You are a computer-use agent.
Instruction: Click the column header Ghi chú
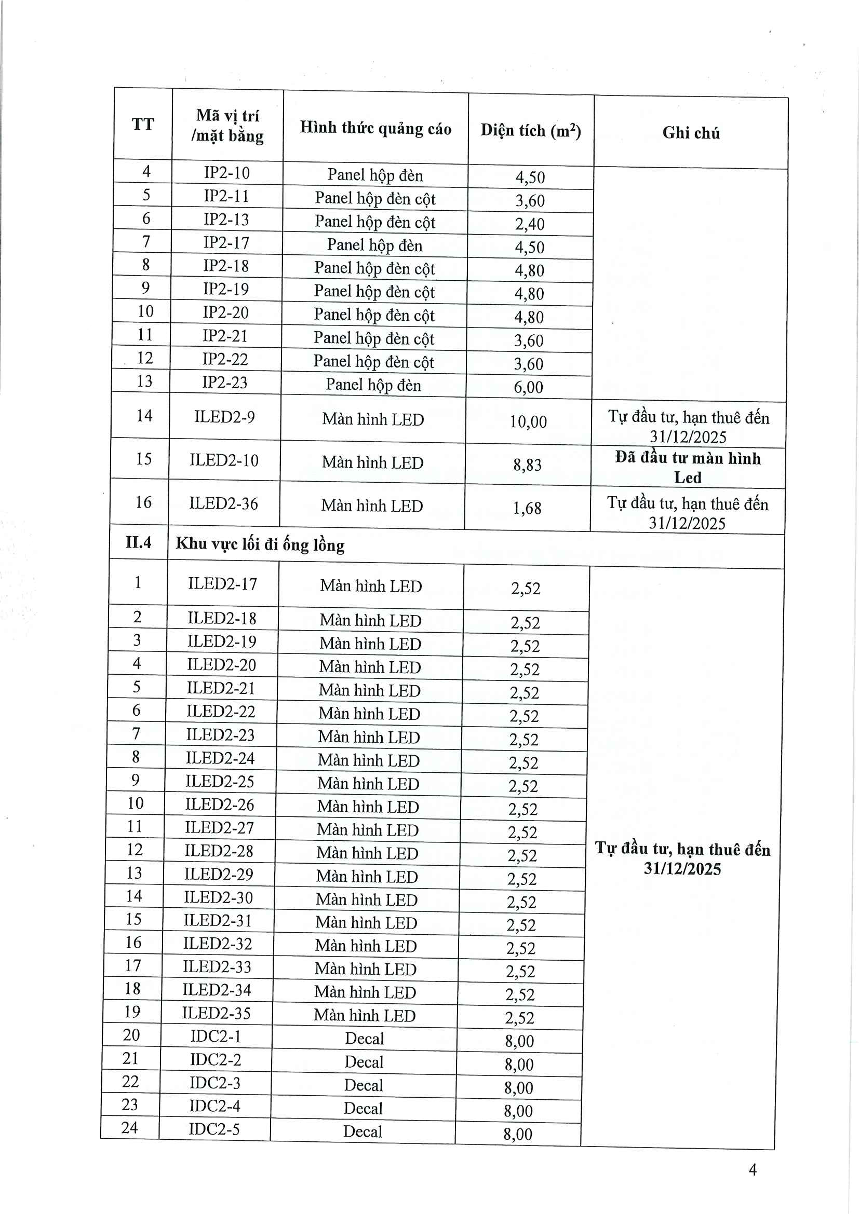point(691,133)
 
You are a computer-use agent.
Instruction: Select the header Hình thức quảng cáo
point(375,128)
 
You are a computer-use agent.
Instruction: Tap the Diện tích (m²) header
point(531,130)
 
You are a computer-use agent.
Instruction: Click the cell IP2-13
point(226,220)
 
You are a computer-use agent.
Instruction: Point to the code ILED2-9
point(224,417)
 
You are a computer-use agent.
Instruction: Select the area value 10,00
point(528,421)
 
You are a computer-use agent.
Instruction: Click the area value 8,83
point(527,465)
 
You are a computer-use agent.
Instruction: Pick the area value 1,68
point(527,508)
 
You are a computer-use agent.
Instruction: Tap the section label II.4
point(139,542)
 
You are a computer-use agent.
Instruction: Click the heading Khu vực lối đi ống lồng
point(260,544)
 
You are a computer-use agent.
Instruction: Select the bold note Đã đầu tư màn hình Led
point(688,468)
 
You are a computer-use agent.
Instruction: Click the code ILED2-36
point(224,503)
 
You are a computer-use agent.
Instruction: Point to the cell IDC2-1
point(216,1036)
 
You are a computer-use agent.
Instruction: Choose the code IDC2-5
point(214,1129)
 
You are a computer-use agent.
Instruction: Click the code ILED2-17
point(223,584)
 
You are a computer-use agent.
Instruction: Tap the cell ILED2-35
point(217,1013)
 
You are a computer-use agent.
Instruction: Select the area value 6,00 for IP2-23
point(528,387)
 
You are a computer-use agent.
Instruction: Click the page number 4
point(753,1169)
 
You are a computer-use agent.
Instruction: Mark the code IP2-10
point(227,173)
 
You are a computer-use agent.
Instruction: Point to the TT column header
point(143,124)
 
